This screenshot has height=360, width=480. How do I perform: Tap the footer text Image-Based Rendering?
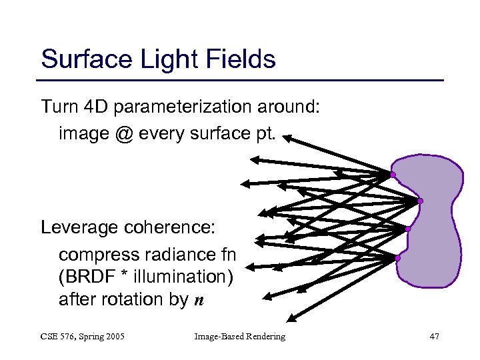239,337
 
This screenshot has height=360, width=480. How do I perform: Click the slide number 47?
434,337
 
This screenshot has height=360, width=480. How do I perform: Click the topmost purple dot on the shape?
393,175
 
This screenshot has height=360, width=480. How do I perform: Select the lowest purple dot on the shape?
397,258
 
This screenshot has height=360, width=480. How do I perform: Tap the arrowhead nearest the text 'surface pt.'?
291,139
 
